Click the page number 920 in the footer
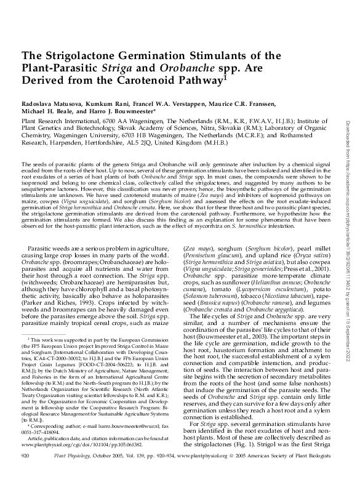click(x=26, y=472)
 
